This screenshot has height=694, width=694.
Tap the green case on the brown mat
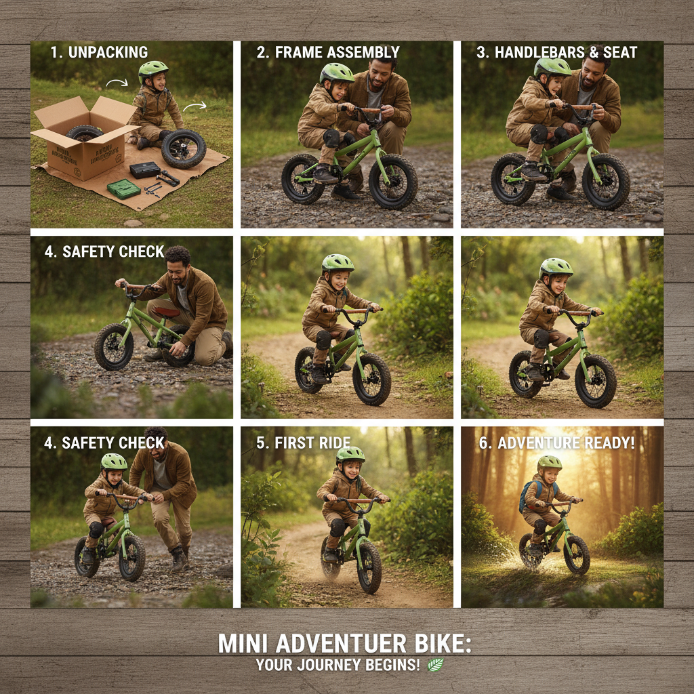[123, 188]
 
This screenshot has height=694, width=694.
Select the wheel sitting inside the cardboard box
[85, 132]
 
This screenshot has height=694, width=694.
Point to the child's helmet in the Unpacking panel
[153, 70]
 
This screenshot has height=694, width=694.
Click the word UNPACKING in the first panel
[108, 52]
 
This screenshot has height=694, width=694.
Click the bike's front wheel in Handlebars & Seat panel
[606, 181]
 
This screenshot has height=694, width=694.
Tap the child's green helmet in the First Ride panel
[350, 455]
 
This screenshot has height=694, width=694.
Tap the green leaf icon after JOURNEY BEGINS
[436, 665]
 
